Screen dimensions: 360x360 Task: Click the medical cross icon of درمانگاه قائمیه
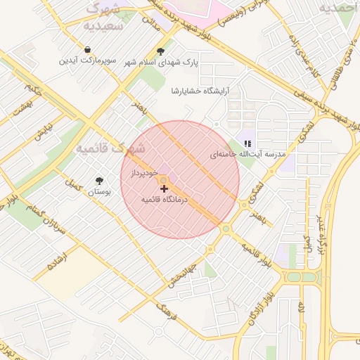pyautogui.click(x=165, y=188)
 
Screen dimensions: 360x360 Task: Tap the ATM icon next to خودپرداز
pyautogui.click(x=162, y=180)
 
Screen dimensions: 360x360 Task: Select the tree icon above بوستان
pyautogui.click(x=98, y=181)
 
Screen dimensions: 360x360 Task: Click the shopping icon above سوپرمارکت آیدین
pyautogui.click(x=86, y=50)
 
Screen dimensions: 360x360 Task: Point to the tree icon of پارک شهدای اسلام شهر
pyautogui.click(x=161, y=51)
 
